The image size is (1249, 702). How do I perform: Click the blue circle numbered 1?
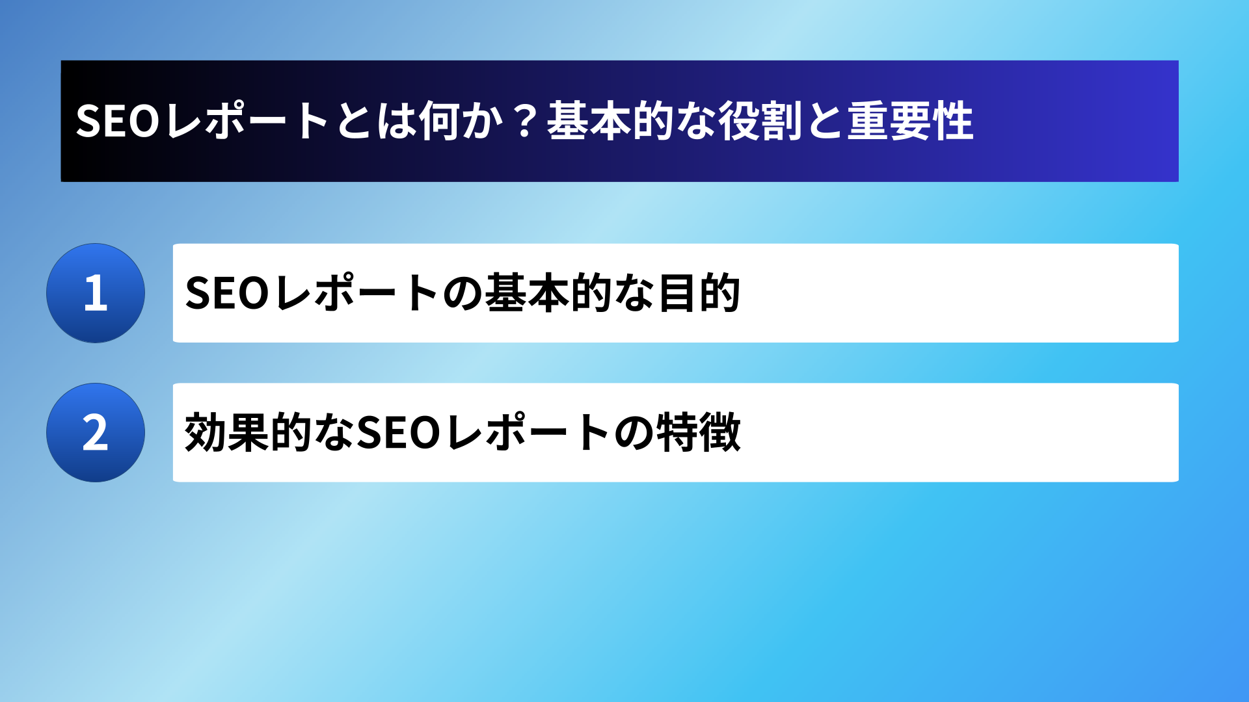[x=96, y=293]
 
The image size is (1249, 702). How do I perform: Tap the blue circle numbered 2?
[x=96, y=432]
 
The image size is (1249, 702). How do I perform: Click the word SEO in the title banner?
[x=118, y=122]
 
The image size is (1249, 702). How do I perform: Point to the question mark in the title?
[x=524, y=122]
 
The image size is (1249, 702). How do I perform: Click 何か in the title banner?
[x=461, y=122]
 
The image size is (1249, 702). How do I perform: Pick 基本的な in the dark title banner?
[x=631, y=122]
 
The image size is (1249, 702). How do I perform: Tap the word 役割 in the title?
[x=760, y=122]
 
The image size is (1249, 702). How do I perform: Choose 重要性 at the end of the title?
[x=910, y=122]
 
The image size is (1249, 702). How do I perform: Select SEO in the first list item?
[x=227, y=293]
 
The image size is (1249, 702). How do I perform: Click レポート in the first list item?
[x=356, y=292]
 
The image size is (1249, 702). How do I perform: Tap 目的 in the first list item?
[x=699, y=293]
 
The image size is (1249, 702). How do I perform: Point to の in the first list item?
[x=462, y=294]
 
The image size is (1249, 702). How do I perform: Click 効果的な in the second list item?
[x=269, y=432]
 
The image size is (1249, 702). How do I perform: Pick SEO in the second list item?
[x=399, y=432]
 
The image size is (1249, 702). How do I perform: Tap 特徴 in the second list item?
[x=699, y=432]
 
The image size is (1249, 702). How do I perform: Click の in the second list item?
[x=634, y=433]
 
